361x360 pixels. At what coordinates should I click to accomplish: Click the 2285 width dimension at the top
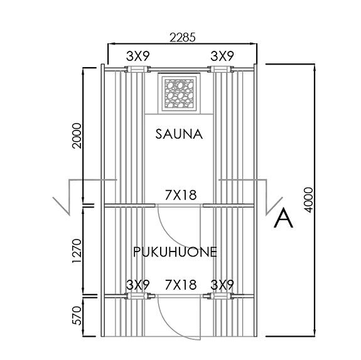pyautogui.click(x=181, y=37)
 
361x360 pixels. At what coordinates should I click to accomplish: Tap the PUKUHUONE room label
pyautogui.click(x=175, y=252)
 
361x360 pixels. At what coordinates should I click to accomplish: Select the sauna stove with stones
pyautogui.click(x=179, y=94)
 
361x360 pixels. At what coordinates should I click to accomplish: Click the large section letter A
pyautogui.click(x=284, y=218)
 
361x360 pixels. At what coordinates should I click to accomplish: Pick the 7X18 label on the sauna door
pyautogui.click(x=181, y=195)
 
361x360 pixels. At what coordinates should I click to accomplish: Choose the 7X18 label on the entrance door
pyautogui.click(x=181, y=285)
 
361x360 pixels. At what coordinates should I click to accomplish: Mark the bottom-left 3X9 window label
pyautogui.click(x=138, y=285)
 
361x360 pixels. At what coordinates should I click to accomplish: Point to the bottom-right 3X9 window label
pyautogui.click(x=222, y=285)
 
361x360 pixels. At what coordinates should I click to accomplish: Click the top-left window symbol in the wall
pyautogui.click(x=138, y=70)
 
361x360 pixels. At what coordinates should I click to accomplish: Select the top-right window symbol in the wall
pyautogui.click(x=221, y=70)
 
